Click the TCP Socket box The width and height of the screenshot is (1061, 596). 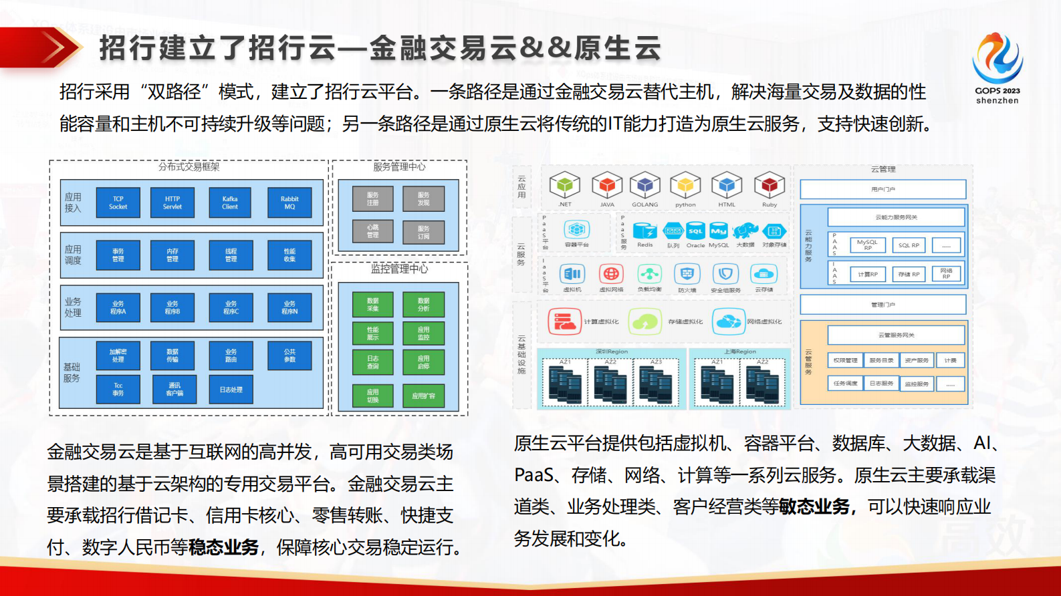[118, 203]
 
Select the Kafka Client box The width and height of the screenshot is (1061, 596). [230, 203]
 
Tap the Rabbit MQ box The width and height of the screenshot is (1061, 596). [289, 203]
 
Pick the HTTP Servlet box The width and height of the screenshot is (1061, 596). [172, 203]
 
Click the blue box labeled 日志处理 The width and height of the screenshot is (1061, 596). [231, 390]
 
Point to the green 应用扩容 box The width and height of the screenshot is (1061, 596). [423, 396]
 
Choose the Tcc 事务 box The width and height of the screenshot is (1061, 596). [118, 390]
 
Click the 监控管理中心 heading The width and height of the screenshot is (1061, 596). [399, 269]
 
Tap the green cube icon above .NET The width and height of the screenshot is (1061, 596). [564, 185]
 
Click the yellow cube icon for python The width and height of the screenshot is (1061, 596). [685, 185]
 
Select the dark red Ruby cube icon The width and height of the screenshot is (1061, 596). [769, 185]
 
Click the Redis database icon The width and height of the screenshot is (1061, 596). [644, 231]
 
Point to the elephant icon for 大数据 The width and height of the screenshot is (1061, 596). [745, 231]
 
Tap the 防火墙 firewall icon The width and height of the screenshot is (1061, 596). [687, 274]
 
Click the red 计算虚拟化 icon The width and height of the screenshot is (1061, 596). [564, 321]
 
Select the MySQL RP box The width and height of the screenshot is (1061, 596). [867, 245]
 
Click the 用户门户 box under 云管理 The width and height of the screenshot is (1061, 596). [882, 190]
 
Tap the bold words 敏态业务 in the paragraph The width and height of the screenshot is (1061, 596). [814, 507]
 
